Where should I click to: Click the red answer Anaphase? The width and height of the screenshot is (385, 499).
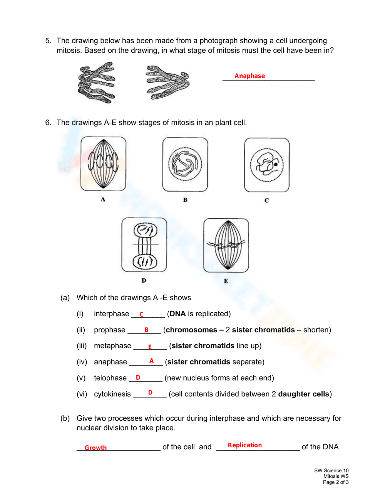pos(249,76)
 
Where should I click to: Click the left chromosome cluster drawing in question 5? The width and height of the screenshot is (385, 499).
pos(96,83)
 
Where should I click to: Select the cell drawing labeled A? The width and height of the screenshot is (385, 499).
pos(103,164)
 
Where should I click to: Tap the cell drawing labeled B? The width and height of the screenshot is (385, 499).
pos(185,164)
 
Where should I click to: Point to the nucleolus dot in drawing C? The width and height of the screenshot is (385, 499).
pos(276,164)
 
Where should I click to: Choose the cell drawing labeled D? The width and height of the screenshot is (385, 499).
pos(144,245)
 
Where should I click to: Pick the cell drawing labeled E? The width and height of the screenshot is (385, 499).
pos(226,245)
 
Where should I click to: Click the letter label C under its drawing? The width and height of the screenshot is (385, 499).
pos(266,200)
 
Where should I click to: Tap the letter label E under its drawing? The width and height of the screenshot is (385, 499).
pos(226,281)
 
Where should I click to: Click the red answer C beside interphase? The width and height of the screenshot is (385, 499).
pos(141,314)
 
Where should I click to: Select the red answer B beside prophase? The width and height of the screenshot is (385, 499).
pos(146,330)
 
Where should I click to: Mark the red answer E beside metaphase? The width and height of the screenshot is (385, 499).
pos(150,347)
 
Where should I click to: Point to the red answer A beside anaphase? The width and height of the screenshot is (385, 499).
pos(151,361)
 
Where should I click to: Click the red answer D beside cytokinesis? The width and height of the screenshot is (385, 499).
pos(150,393)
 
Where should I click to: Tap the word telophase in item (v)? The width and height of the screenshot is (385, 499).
pos(110,378)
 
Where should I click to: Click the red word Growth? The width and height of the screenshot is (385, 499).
pos(95,448)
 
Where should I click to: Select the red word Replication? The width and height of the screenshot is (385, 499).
pos(244,445)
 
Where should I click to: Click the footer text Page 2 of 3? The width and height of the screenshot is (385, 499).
pos(335,482)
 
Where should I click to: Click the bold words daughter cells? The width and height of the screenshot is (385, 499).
pos(303,394)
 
